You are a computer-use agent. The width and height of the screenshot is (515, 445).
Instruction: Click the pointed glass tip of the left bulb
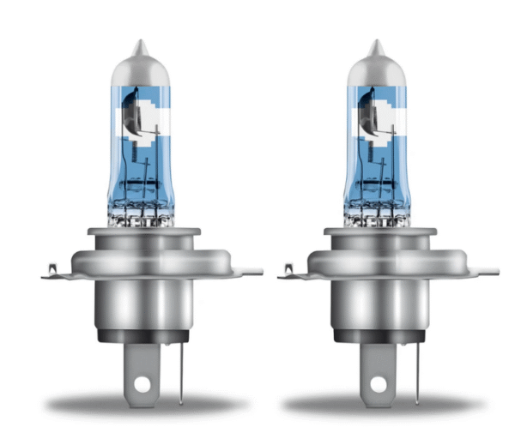139,45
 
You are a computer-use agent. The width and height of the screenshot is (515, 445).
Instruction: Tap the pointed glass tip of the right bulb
375,45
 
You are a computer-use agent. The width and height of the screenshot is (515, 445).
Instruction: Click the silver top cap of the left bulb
139,64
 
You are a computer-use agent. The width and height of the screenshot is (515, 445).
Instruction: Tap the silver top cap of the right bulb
375,64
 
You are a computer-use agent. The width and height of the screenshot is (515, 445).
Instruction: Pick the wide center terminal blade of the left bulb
141,364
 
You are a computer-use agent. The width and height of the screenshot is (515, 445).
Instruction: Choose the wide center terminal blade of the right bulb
377,364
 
